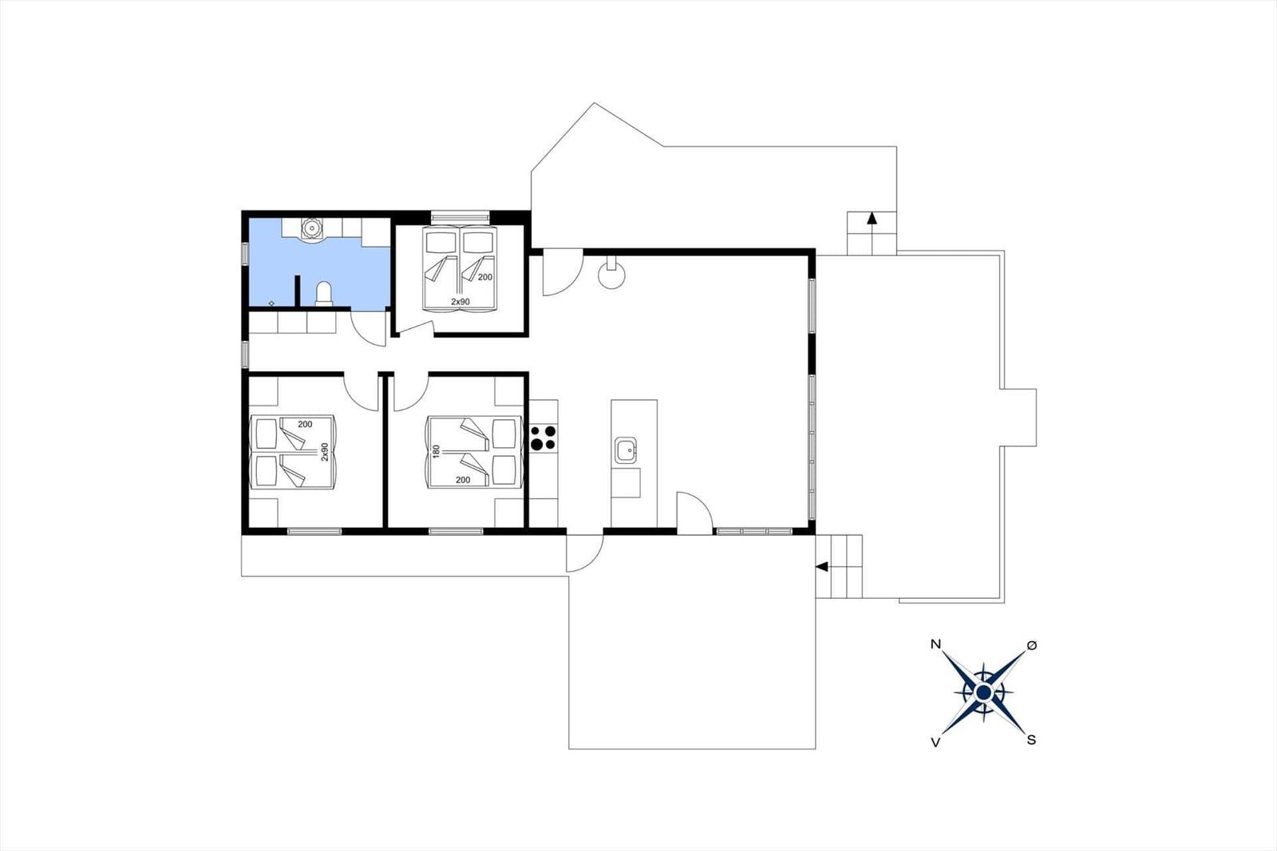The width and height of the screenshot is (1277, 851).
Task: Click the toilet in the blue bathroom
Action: tap(323, 295)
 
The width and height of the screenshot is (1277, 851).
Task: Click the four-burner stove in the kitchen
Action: tap(543, 438)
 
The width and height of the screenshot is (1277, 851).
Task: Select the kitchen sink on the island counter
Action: tap(626, 450)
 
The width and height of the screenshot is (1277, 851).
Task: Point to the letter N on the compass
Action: tap(935, 644)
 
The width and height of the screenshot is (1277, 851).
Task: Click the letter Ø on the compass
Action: tap(1031, 645)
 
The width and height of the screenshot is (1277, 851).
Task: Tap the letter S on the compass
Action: tap(1030, 740)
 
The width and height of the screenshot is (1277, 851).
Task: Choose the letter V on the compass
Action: tap(935, 742)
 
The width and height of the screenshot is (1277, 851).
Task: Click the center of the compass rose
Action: tap(983, 692)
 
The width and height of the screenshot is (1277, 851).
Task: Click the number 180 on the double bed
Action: tap(436, 452)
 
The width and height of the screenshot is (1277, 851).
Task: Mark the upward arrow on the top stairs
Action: tap(872, 218)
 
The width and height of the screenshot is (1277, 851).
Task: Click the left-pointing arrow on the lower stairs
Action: tap(821, 566)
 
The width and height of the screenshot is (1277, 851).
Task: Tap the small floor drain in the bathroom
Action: tap(271, 303)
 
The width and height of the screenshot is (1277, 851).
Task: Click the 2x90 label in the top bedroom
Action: tap(460, 302)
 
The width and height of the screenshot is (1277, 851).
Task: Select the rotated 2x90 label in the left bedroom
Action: tap(325, 452)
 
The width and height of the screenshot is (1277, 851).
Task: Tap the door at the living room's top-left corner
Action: tap(562, 273)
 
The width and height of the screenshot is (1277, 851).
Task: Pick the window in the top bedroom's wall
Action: tap(460, 217)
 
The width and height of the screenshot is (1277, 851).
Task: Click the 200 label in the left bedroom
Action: tap(305, 425)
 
